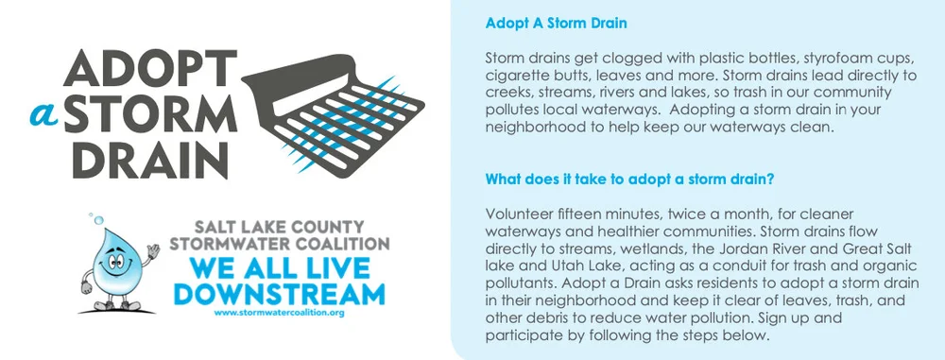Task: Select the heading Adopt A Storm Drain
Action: tap(542, 22)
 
